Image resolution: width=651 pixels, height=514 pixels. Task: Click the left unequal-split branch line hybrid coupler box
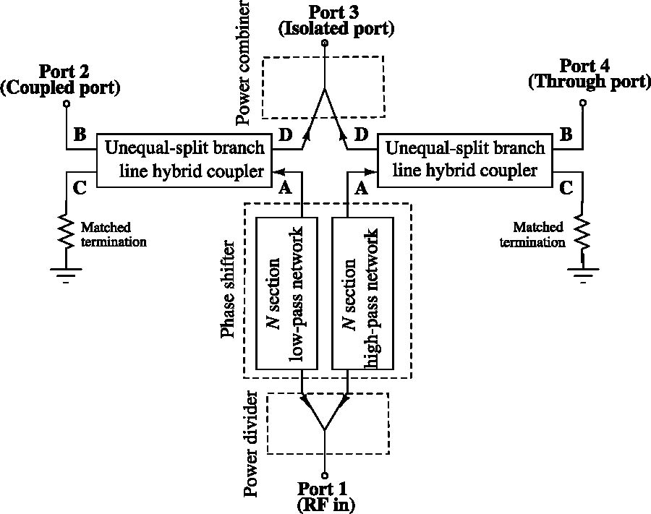184,160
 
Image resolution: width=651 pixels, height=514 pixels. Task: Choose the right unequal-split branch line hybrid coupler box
465,160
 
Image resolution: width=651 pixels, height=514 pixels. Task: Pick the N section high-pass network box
361,292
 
